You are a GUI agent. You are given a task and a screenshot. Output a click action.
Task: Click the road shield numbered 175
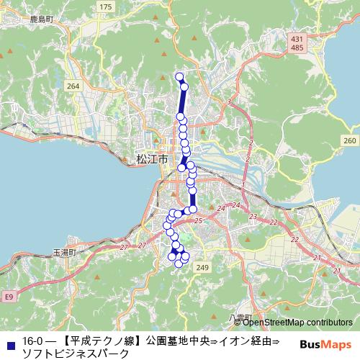[106, 6]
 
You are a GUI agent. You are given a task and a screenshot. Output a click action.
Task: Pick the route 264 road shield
[72, 86]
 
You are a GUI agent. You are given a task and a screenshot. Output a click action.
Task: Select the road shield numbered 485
[296, 47]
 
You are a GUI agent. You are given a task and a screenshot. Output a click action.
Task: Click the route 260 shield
[350, 140]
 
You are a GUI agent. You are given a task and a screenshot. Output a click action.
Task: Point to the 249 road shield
[202, 268]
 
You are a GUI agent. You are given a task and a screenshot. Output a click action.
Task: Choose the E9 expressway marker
[8, 296]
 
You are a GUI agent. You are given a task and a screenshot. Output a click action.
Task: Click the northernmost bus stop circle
[179, 76]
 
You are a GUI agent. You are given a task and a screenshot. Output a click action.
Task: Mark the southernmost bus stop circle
[179, 264]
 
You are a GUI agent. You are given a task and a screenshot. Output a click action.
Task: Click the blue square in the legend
[9, 341]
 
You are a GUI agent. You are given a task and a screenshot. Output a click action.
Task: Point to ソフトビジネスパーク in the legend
[76, 353]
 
